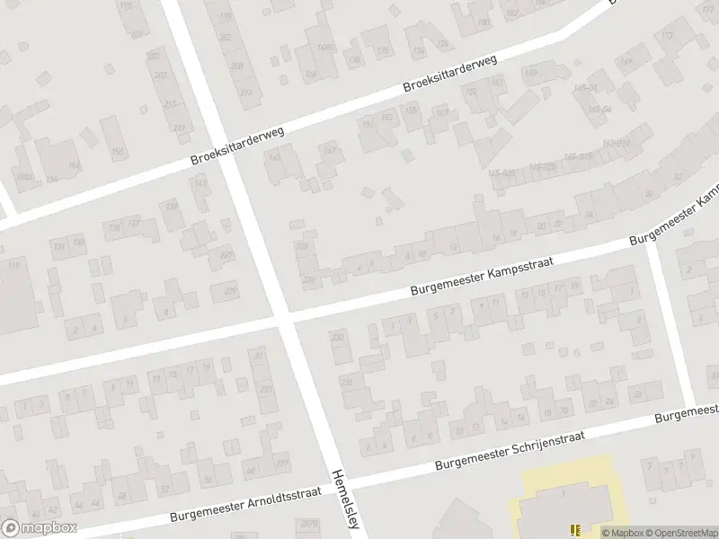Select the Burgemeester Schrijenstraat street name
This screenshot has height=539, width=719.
[510, 450]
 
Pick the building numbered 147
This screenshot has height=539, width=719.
[330, 152]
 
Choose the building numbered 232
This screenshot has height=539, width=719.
[339, 339]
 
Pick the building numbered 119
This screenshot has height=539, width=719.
[13, 265]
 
